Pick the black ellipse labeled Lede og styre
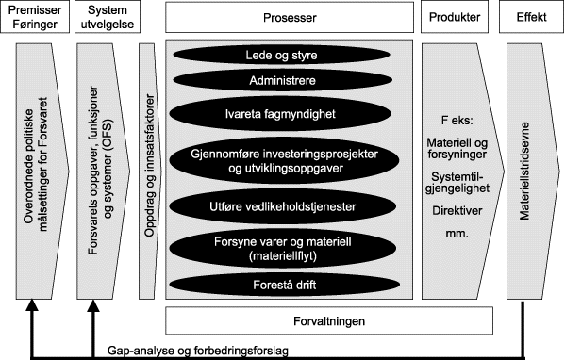tap(291, 56)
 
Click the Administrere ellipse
tap(291, 82)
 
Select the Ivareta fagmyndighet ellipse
tap(291, 114)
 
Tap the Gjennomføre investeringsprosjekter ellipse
tap(291, 159)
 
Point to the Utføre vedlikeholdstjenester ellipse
tap(291, 205)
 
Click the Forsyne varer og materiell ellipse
tap(291, 247)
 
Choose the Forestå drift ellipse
tap(291, 283)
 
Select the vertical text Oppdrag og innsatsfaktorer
tap(147, 170)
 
